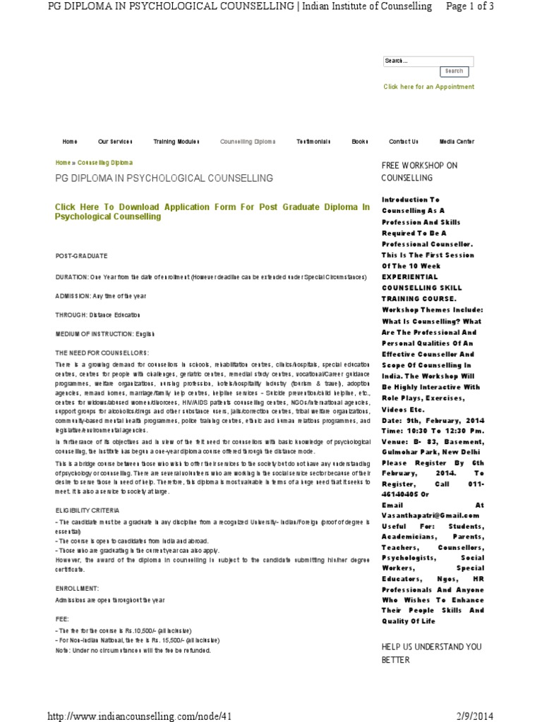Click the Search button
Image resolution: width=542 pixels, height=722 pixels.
(454, 71)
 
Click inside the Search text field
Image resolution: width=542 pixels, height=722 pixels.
(428, 61)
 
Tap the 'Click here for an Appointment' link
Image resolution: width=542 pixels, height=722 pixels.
(428, 87)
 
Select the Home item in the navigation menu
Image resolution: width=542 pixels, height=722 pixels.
(70, 142)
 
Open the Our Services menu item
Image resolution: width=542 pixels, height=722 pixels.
(115, 142)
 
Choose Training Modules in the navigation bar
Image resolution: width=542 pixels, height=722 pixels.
(176, 142)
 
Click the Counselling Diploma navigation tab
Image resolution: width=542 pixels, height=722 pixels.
(248, 142)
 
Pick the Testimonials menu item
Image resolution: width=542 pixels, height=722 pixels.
(313, 142)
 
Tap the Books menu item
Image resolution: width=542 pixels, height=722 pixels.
(360, 142)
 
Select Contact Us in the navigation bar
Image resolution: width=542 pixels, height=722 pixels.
(404, 142)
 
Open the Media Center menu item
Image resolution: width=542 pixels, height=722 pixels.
(457, 142)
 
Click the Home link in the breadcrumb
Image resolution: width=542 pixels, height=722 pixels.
(63, 162)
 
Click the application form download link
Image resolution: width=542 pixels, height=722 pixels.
(212, 212)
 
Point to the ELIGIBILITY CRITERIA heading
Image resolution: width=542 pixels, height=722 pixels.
(88, 509)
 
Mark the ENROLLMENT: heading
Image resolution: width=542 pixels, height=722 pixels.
(78, 587)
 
